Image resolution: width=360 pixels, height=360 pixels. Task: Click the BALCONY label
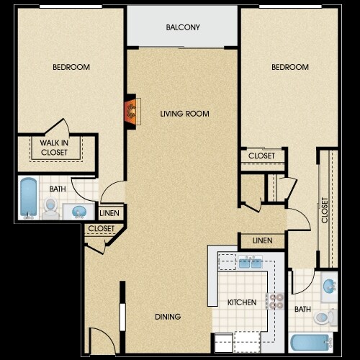[x=183, y=27]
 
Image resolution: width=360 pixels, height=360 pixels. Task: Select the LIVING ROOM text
[x=184, y=114]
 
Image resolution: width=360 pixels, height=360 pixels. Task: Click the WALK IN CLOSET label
[x=54, y=148]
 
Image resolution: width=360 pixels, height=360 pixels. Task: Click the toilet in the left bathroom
[x=50, y=208]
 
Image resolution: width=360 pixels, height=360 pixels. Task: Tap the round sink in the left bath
[x=79, y=212]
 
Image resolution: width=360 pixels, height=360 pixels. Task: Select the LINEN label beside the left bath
[x=109, y=213]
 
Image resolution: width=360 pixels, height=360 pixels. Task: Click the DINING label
[x=168, y=317]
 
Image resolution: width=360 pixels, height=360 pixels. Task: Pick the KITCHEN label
[x=242, y=302]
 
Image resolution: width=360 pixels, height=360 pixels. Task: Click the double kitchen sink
[x=250, y=262]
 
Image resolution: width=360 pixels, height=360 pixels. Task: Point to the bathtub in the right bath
[x=311, y=343]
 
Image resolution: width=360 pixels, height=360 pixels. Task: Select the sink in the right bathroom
[x=330, y=286]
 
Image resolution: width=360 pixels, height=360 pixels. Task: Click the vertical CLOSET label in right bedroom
[x=325, y=210]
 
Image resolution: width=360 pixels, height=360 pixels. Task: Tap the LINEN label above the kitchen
[x=263, y=240]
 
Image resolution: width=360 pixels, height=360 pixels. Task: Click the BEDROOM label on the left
[x=71, y=67]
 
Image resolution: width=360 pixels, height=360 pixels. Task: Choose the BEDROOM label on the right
[x=290, y=67]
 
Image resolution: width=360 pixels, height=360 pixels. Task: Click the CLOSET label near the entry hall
[x=102, y=228]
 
